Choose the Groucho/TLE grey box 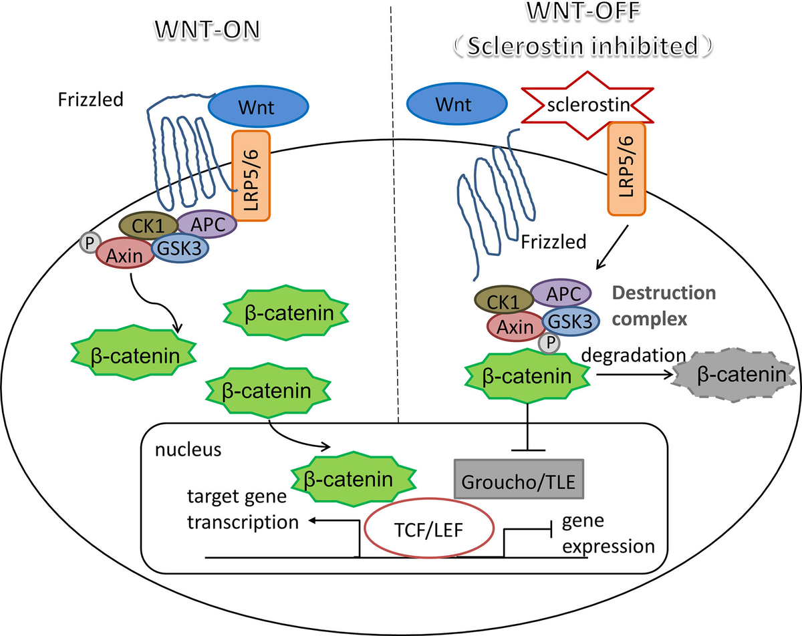point(519,479)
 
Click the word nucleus point(188,450)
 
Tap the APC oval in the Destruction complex point(561,292)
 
